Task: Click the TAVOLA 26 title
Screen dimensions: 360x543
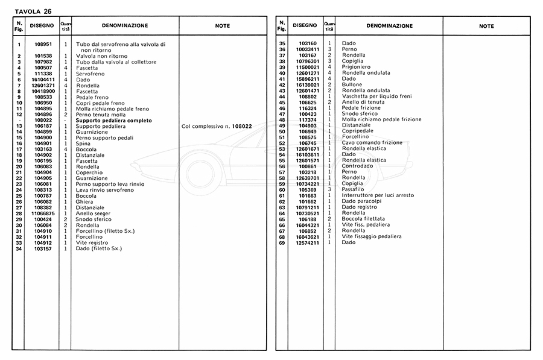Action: (x=28, y=10)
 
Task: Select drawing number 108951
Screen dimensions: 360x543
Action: (x=43, y=44)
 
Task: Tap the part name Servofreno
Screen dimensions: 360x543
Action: (x=90, y=74)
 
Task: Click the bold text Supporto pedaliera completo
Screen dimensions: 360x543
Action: (x=113, y=121)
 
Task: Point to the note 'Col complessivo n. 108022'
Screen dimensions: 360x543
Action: (x=217, y=127)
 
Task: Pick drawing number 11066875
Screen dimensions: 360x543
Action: (x=43, y=213)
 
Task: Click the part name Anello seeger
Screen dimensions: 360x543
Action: (x=94, y=213)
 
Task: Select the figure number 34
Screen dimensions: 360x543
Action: (x=19, y=248)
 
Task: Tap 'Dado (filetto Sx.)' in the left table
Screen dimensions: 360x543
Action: (x=99, y=248)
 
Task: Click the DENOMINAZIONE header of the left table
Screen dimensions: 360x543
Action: (x=125, y=26)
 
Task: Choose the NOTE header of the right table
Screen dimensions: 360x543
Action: (x=486, y=26)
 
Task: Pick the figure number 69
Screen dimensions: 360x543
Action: (x=282, y=242)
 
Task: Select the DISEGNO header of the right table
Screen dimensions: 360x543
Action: (x=305, y=26)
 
